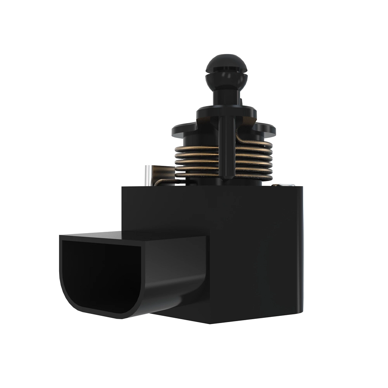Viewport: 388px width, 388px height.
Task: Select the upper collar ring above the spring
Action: click(x=226, y=112)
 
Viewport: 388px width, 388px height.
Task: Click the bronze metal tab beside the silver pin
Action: click(x=162, y=173)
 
